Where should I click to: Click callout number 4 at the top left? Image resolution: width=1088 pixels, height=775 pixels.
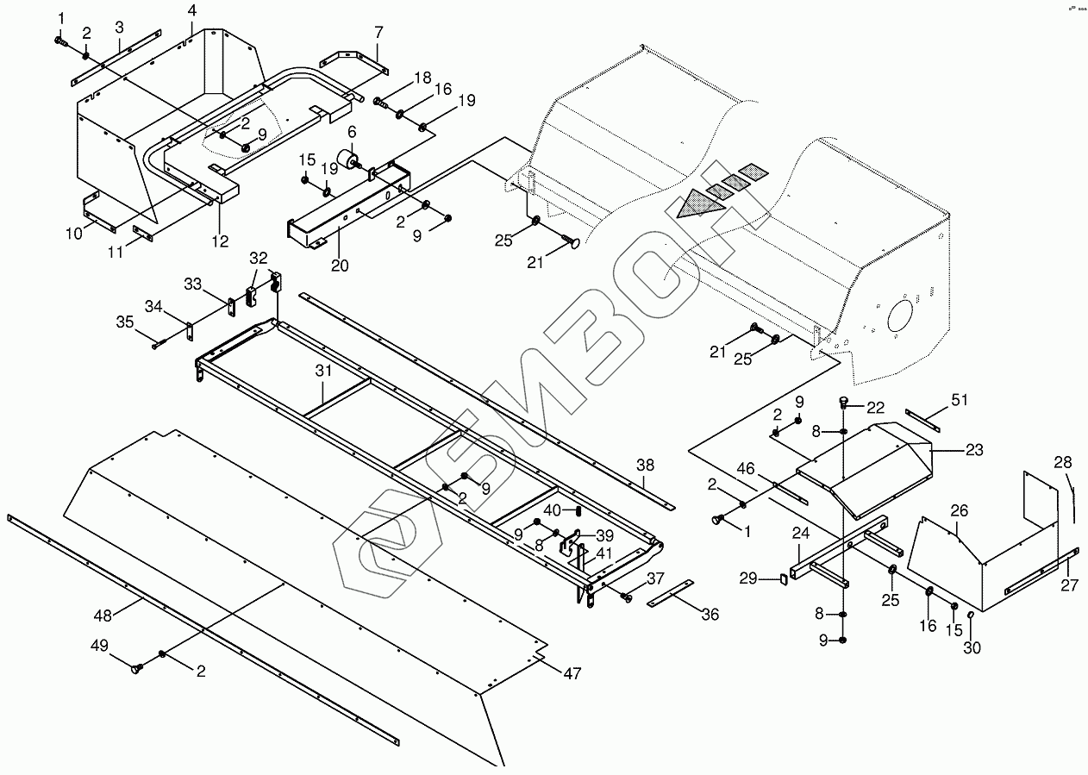tap(191, 10)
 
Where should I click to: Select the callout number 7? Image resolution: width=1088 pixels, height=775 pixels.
tap(378, 32)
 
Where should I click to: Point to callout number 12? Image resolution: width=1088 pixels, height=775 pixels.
tap(221, 241)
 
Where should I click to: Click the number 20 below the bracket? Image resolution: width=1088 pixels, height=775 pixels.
tap(340, 265)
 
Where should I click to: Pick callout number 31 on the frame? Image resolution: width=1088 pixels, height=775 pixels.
tap(322, 372)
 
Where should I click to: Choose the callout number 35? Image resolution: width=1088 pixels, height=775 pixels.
tap(126, 323)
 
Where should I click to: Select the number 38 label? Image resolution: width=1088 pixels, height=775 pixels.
tap(645, 465)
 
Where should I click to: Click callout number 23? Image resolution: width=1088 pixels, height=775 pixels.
tap(973, 449)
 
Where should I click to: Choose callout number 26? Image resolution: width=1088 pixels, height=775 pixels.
tap(959, 511)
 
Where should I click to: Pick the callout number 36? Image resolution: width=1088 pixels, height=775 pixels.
tap(710, 615)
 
